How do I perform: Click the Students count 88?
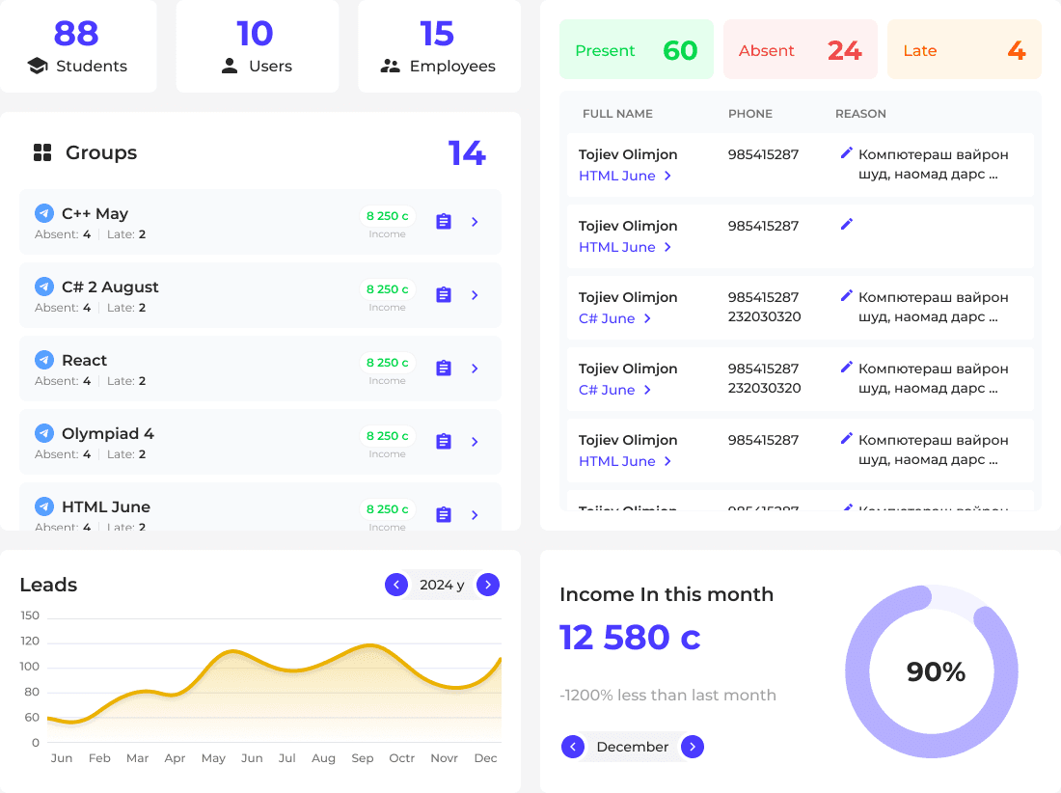pyautogui.click(x=76, y=34)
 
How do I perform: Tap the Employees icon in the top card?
pyautogui.click(x=390, y=67)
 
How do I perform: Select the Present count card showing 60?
pyautogui.click(x=636, y=50)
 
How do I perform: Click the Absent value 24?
pyautogui.click(x=844, y=50)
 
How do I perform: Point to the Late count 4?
pyautogui.click(x=1016, y=50)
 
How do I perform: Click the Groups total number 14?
pyautogui.click(x=467, y=153)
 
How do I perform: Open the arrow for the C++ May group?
pyautogui.click(x=475, y=222)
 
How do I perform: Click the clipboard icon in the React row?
pyautogui.click(x=444, y=369)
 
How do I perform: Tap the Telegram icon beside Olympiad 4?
pyautogui.click(x=44, y=433)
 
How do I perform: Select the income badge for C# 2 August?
pyautogui.click(x=387, y=288)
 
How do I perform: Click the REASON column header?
pyautogui.click(x=860, y=114)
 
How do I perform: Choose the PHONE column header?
pyautogui.click(x=749, y=114)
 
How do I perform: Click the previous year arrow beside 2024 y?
pyautogui.click(x=395, y=585)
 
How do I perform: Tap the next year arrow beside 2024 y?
pyautogui.click(x=488, y=585)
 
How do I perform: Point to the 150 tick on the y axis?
pyautogui.click(x=30, y=615)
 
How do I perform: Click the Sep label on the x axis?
pyautogui.click(x=363, y=758)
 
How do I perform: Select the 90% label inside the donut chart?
pyautogui.click(x=936, y=672)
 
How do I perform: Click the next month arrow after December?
pyautogui.click(x=693, y=747)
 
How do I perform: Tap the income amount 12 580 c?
pyautogui.click(x=630, y=638)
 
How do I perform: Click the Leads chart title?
pyautogui.click(x=48, y=585)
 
